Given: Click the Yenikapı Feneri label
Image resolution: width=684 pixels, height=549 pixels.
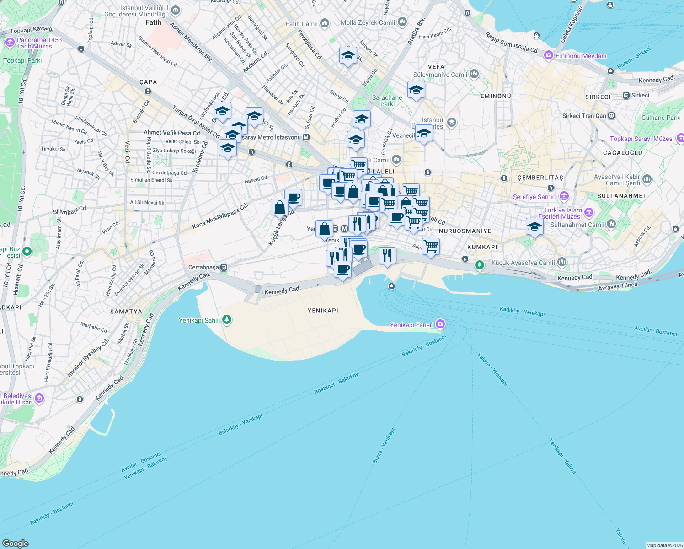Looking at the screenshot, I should pyautogui.click(x=411, y=325).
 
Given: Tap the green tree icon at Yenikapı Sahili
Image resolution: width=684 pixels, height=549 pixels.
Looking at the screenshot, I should pyautogui.click(x=227, y=320).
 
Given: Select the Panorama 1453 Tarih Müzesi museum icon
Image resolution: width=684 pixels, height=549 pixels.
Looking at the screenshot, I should pyautogui.click(x=10, y=43).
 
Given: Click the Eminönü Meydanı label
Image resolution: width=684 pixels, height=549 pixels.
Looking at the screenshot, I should pyautogui.click(x=581, y=56).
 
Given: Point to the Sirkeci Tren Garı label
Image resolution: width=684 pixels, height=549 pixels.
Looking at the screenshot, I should pyautogui.click(x=584, y=116).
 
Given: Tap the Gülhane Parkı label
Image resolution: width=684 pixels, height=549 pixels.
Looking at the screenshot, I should pyautogui.click(x=661, y=118).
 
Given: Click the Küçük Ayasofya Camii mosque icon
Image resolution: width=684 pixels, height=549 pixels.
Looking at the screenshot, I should pyautogui.click(x=562, y=262).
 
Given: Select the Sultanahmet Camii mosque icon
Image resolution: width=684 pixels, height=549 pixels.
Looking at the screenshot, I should pyautogui.click(x=611, y=224).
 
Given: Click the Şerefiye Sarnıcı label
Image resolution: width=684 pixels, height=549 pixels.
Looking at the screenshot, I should pyautogui.click(x=534, y=197).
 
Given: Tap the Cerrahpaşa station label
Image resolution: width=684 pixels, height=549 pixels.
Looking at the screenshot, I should pyautogui.click(x=203, y=267).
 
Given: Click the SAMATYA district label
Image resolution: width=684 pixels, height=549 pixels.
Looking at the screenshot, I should pyautogui.click(x=126, y=312).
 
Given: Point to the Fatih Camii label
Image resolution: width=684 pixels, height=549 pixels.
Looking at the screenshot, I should pyautogui.click(x=301, y=24).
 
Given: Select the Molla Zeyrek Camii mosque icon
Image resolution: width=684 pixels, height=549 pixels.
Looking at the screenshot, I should pyautogui.click(x=402, y=22).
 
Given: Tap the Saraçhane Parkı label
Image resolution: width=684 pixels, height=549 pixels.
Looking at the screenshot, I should pyautogui.click(x=387, y=101).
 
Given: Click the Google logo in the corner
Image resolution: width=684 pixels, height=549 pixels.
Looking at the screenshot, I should pyautogui.click(x=15, y=543).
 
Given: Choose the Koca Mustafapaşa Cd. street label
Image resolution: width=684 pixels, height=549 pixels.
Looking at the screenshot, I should pyautogui.click(x=220, y=216).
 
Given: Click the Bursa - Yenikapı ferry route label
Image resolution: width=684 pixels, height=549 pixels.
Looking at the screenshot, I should pyautogui.click(x=383, y=446).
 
